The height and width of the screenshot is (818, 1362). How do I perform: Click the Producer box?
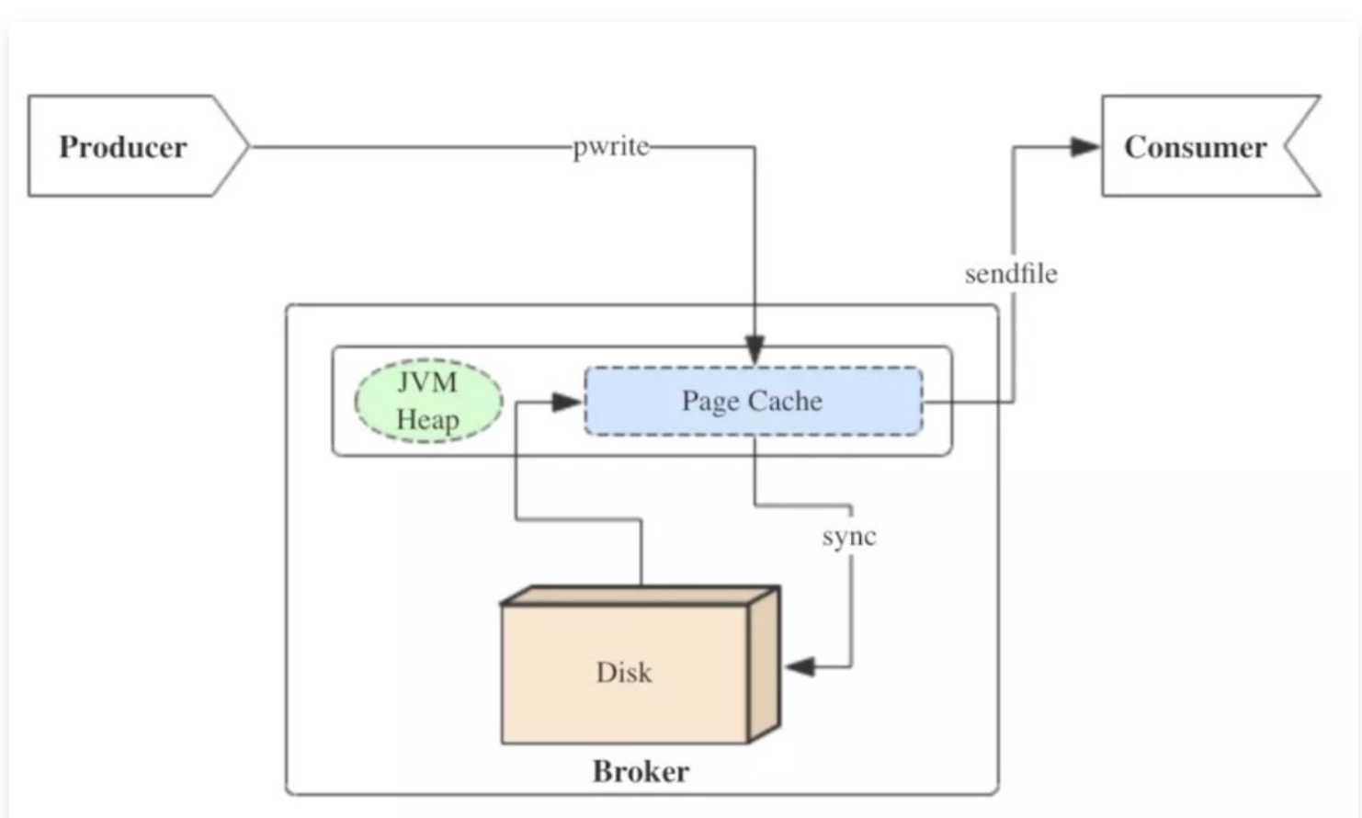pos(123,146)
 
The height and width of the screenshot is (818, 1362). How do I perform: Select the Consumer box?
pos(1195,146)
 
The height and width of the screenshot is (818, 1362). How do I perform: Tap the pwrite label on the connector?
pos(610,147)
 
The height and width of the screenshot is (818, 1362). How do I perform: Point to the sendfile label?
pos(1011,274)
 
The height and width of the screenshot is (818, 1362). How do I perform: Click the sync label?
pos(849,537)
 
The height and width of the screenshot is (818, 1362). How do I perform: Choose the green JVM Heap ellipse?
pos(428,401)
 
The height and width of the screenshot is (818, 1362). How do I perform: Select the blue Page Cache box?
pos(753,402)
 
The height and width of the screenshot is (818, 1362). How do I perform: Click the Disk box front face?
pos(624,673)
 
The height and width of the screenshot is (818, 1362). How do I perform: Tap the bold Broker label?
pos(641,771)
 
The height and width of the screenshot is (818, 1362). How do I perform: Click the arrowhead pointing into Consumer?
pos(1084,147)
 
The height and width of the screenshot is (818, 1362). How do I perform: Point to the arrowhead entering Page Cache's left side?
pos(566,402)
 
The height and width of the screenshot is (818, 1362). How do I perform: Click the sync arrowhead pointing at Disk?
pos(800,666)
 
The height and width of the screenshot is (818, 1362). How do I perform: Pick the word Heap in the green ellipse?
pos(428,420)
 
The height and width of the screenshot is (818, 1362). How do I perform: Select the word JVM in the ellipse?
pos(427,382)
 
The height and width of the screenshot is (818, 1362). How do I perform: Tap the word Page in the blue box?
pos(710,402)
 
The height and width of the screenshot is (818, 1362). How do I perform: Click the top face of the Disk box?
pos(639,596)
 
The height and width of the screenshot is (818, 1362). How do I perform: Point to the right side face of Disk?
pos(764,664)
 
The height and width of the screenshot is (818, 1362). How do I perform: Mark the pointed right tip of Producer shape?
pos(246,146)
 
